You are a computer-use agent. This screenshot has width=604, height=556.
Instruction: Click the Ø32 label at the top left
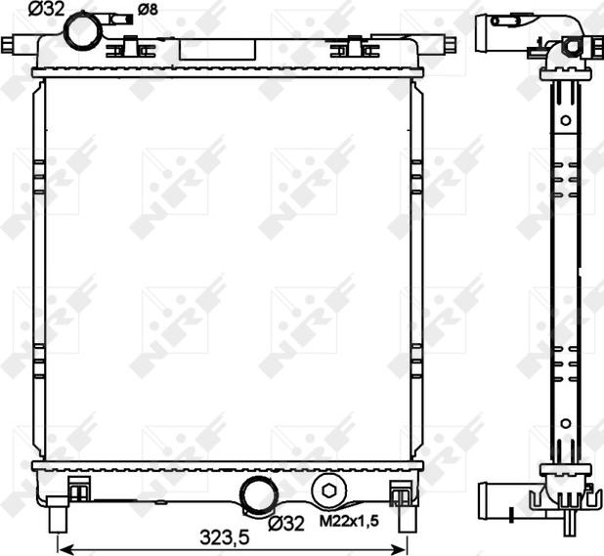pos(47,9)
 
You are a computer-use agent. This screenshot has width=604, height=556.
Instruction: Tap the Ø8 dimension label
pos(148,10)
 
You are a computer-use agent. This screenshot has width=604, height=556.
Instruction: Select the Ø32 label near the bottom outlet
pos(286,524)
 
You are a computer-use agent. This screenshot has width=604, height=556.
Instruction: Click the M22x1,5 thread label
pos(349,521)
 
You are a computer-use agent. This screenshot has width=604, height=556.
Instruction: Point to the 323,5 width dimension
pos(225,537)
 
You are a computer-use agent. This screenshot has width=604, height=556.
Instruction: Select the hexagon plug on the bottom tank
pos(328,491)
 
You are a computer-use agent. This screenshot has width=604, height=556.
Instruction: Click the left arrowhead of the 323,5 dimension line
pos(63,548)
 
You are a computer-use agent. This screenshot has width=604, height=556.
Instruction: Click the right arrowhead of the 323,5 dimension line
pos(402,548)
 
